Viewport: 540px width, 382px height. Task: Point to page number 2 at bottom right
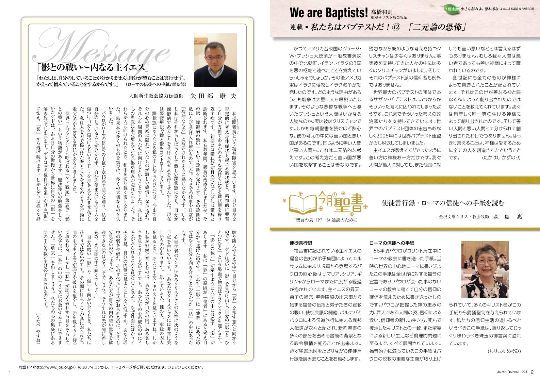coord(532,372)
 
